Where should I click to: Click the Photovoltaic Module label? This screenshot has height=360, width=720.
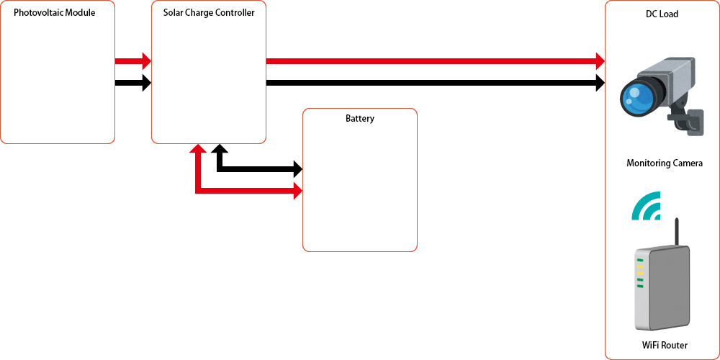55,13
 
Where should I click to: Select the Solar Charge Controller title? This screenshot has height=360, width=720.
209,13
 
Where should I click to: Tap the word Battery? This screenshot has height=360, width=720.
360,119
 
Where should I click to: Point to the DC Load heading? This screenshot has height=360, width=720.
662,14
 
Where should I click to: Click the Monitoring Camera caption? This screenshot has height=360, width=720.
665,164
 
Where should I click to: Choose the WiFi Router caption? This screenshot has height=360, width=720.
665,346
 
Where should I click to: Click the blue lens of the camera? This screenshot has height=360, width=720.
637,96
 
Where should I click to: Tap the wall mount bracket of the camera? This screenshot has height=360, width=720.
693,121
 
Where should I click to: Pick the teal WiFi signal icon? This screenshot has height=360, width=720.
647,207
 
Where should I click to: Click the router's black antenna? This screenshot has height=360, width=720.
676,232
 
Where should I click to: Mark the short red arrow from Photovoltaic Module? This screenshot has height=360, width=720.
133,61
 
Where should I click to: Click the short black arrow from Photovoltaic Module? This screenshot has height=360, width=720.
133,83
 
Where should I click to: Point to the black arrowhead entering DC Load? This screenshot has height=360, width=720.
599,83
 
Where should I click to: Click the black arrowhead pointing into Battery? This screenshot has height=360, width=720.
297,170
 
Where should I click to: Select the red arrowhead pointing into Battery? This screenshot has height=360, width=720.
297,192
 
